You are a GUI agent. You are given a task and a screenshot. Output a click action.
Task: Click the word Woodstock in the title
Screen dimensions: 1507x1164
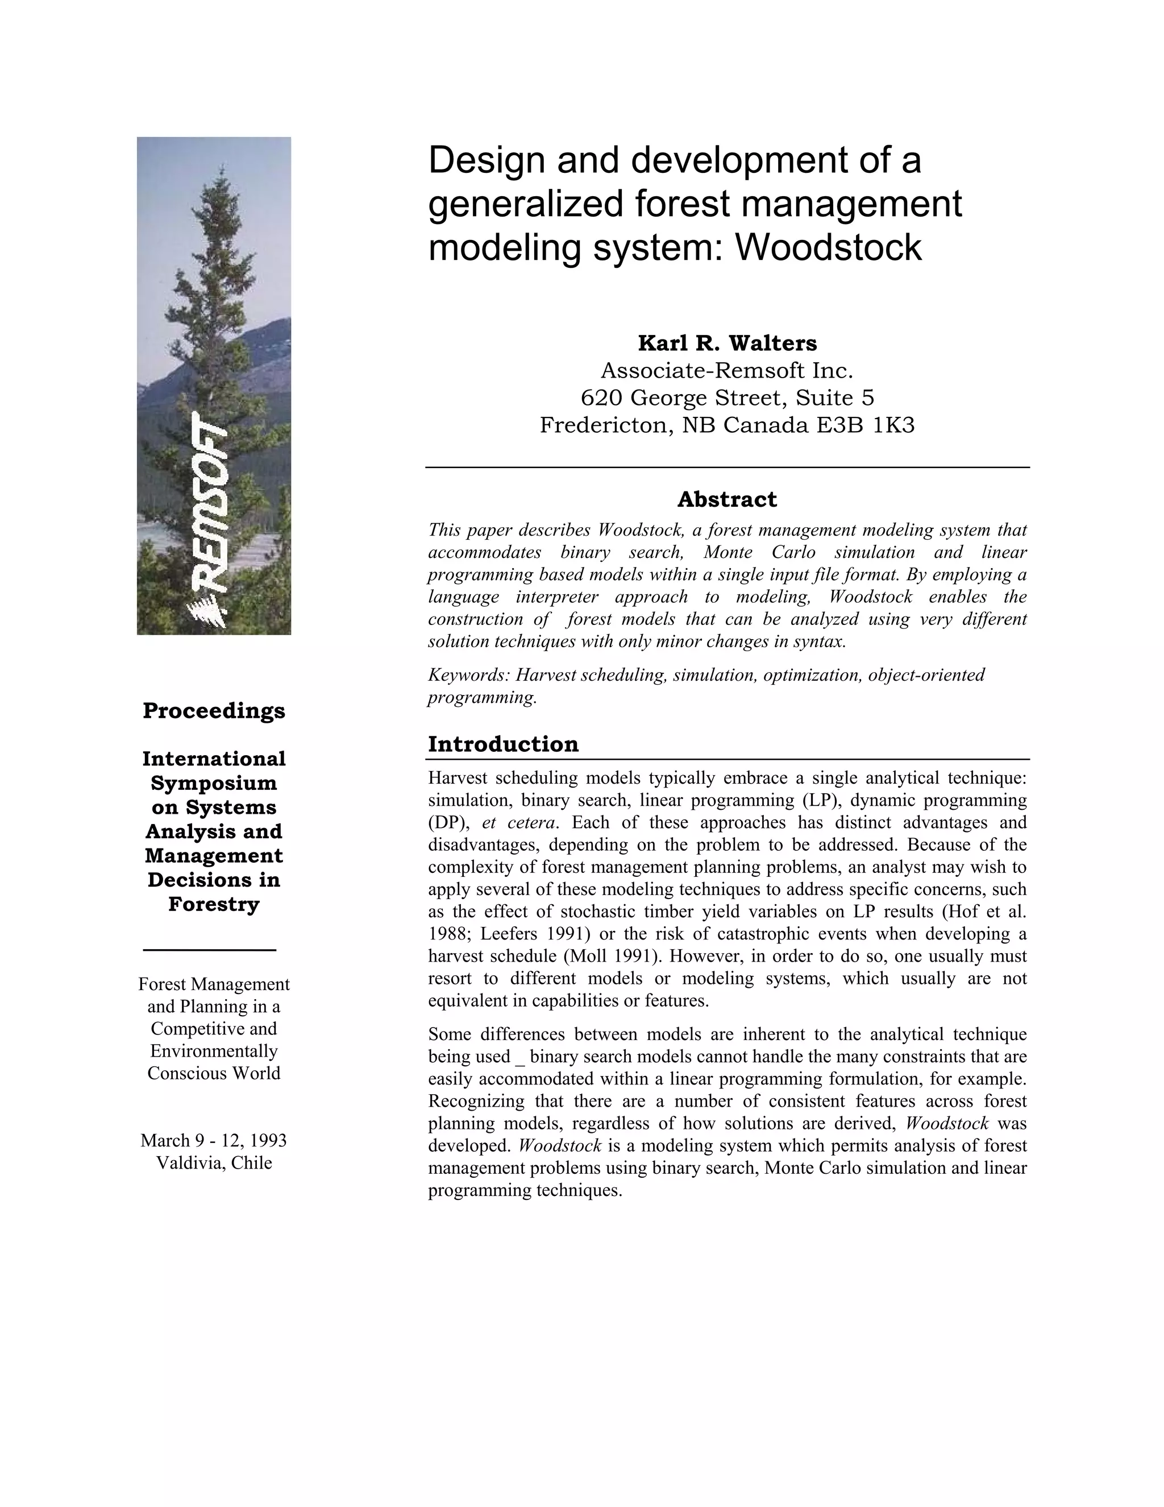coord(828,248)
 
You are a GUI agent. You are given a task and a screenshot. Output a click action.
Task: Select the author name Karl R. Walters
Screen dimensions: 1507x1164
coord(727,343)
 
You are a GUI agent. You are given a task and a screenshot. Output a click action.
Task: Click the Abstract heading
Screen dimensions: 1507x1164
coord(727,499)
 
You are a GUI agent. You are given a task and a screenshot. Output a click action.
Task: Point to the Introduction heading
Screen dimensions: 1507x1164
coord(504,744)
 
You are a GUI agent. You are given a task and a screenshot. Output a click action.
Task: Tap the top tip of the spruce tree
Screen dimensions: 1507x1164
coord(221,165)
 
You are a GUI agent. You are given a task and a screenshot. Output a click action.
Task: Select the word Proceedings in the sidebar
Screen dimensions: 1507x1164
coord(214,711)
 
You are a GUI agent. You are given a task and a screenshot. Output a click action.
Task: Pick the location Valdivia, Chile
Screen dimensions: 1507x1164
coord(214,1163)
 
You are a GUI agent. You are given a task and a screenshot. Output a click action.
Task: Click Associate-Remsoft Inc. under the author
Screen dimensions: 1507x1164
coord(727,371)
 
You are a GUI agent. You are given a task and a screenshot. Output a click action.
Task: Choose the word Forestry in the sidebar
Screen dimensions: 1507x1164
coord(214,904)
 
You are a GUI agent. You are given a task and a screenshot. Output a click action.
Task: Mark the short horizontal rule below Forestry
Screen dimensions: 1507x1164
coord(210,950)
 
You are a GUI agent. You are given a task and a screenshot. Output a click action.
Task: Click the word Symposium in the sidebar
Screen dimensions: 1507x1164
coord(214,783)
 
